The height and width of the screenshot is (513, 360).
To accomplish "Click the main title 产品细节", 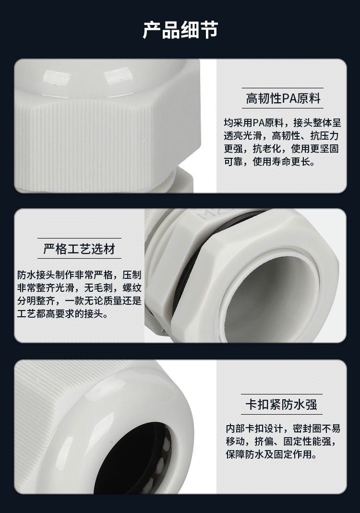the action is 180,30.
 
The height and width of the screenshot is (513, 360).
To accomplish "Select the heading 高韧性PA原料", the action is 283,98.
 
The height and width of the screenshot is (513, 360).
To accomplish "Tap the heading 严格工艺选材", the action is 79,249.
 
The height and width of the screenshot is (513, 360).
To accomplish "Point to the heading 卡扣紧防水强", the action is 281,405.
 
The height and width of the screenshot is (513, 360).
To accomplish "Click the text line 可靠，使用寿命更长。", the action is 269,161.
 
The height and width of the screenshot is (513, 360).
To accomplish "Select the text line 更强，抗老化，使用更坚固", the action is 281,149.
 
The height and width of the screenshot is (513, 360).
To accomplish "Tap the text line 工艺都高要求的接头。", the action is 62,314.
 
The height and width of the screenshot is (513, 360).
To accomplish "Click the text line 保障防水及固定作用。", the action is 272,454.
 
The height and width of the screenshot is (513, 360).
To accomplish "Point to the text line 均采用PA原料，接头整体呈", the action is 282,123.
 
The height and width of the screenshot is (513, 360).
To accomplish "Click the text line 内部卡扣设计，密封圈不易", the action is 283,428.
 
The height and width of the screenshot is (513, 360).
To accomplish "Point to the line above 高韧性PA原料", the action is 283,88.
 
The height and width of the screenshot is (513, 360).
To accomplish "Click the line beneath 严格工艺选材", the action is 79,259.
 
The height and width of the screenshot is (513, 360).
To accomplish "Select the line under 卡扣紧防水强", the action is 281,414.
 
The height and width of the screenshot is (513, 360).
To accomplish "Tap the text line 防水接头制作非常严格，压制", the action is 79,275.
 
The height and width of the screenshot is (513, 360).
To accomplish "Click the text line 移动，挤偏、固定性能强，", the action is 281,441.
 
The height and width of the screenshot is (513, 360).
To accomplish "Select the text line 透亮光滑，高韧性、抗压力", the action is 281,135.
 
